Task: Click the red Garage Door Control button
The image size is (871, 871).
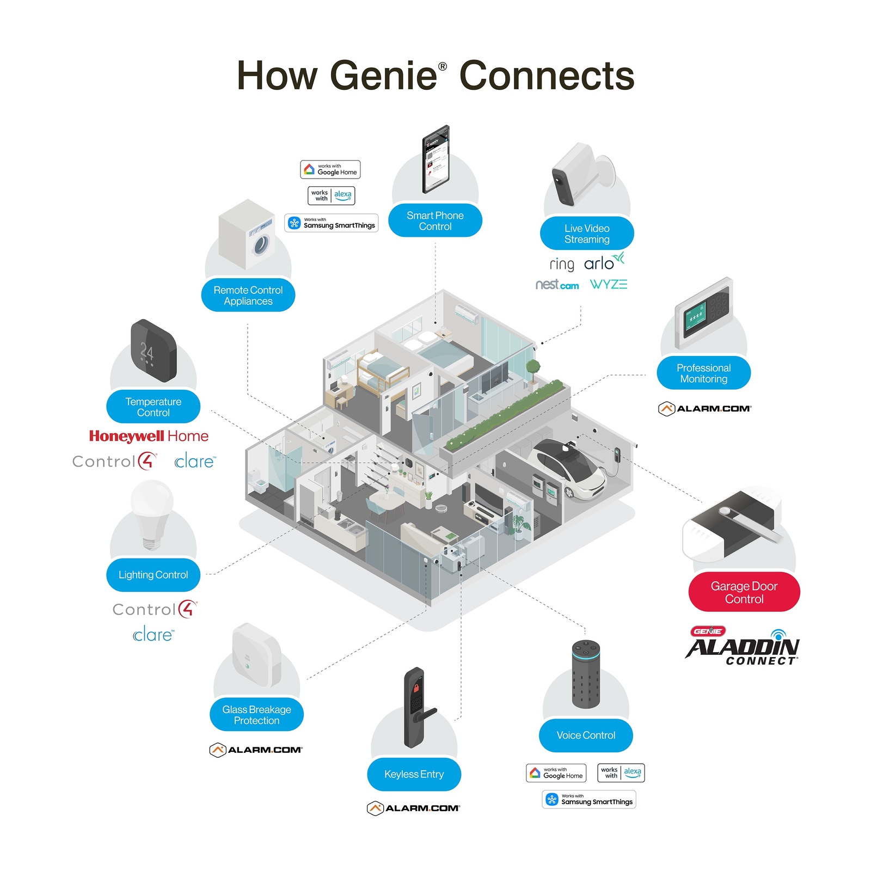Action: (744, 592)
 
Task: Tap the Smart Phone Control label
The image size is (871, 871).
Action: (435, 221)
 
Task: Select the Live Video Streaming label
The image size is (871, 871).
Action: (586, 234)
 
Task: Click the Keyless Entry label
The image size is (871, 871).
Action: (414, 774)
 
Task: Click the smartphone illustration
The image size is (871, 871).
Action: (436, 159)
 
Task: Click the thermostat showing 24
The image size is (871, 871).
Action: (153, 350)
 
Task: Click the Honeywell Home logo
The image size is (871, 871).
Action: (149, 436)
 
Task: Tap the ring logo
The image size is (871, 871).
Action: (562, 265)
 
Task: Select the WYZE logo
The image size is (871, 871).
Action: (609, 284)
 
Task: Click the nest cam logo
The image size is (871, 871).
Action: (557, 285)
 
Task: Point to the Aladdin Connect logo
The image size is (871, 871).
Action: (743, 647)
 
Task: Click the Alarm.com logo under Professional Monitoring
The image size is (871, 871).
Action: (704, 408)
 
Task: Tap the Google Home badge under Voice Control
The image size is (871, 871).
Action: (556, 773)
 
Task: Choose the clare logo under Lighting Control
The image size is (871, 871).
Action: (153, 635)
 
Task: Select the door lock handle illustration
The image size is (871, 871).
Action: (418, 708)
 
